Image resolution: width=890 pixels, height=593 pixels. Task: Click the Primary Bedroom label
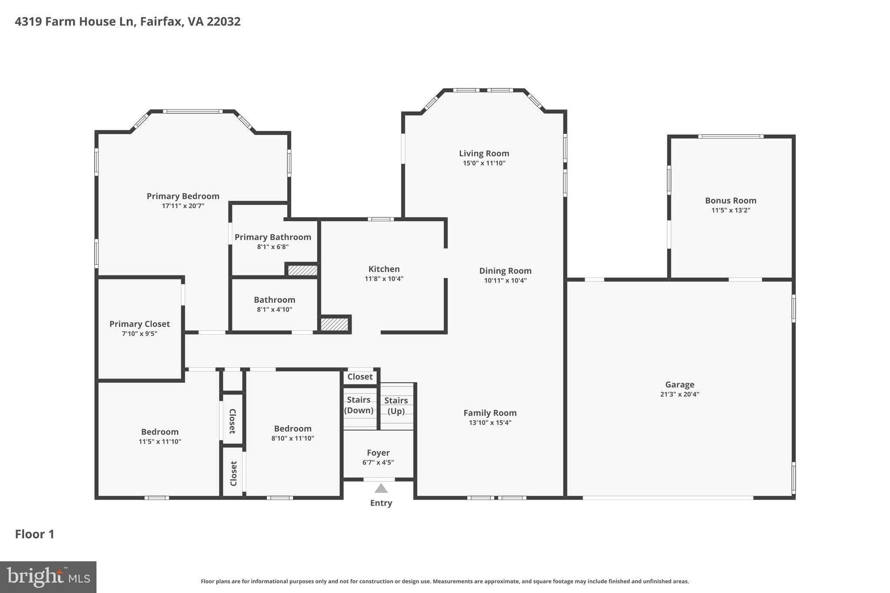pyautogui.click(x=183, y=196)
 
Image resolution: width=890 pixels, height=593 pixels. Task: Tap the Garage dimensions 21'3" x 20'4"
pyautogui.click(x=679, y=394)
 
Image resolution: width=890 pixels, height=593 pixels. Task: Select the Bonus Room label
pyautogui.click(x=731, y=201)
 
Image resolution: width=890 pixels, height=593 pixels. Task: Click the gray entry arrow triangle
pyautogui.click(x=381, y=489)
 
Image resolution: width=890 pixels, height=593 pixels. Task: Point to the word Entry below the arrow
pyautogui.click(x=381, y=503)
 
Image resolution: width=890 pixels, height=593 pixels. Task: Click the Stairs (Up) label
pyautogui.click(x=396, y=405)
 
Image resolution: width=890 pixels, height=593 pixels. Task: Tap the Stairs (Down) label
pyautogui.click(x=359, y=405)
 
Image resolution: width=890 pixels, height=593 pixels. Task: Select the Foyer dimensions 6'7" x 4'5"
pyautogui.click(x=378, y=463)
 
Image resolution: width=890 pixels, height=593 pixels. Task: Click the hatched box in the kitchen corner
pyautogui.click(x=335, y=324)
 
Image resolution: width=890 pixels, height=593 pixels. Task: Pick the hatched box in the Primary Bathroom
pyautogui.click(x=302, y=270)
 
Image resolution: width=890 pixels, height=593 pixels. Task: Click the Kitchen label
pyautogui.click(x=384, y=269)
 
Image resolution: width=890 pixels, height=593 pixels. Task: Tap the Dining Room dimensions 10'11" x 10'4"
pyautogui.click(x=505, y=281)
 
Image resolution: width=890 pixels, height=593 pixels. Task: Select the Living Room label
pyautogui.click(x=484, y=153)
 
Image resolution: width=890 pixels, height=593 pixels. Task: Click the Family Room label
pyautogui.click(x=490, y=413)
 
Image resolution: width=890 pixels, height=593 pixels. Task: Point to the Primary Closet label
pyautogui.click(x=139, y=324)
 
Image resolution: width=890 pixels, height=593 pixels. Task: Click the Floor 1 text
pyautogui.click(x=35, y=534)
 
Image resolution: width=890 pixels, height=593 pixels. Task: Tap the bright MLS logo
pyautogui.click(x=48, y=577)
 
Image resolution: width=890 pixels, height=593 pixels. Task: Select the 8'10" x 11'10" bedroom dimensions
pyautogui.click(x=292, y=438)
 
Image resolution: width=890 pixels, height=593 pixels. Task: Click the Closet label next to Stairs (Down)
pyautogui.click(x=360, y=377)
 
